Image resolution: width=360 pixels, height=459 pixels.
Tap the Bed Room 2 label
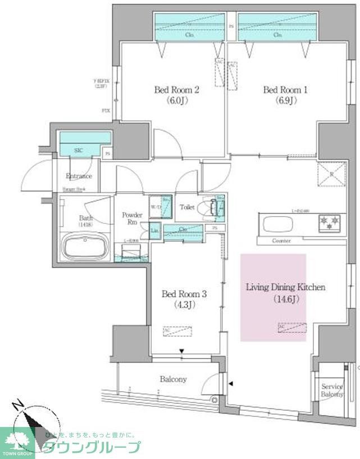click(177, 90)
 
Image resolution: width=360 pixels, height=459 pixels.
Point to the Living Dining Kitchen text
click(285, 287)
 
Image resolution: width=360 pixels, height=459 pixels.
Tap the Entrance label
click(79, 176)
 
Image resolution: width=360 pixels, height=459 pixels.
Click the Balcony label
click(173, 379)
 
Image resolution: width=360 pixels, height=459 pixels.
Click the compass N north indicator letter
click(20, 405)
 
